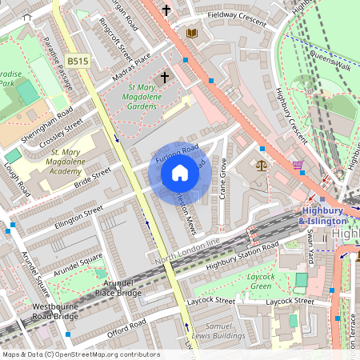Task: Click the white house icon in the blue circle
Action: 180,172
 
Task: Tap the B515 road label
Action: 78,61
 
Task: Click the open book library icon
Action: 191,33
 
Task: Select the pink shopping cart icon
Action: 298,165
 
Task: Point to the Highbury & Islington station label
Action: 326,215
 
